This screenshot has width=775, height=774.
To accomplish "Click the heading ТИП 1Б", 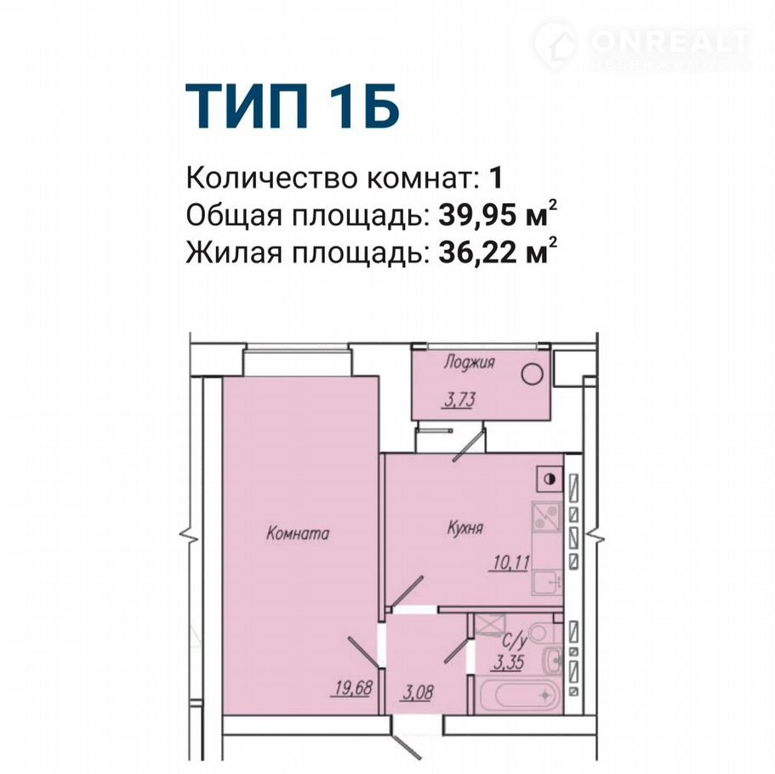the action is pos(292,107).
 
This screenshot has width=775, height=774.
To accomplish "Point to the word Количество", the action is pos(272,178).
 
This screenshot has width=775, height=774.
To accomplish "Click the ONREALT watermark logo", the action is pos(642,45).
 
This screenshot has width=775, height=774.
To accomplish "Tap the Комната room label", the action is pos(298,533).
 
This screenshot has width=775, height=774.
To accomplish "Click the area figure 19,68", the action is pos(353,687).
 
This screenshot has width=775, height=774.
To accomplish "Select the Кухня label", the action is pos(465,528).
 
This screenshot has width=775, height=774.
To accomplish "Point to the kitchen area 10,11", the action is pos(511,562).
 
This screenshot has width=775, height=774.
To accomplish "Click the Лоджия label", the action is pos(469,362).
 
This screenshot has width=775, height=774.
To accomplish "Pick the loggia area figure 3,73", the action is pos(459,400).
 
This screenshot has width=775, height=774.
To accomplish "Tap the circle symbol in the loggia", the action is pos(532,374).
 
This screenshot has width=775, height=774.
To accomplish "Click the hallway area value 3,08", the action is pos(418,693).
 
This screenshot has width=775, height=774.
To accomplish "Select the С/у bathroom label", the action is pos(515,641).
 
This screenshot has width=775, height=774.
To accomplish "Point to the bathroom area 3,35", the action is pos(509,663).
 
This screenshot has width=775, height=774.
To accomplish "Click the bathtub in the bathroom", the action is pos(520,696).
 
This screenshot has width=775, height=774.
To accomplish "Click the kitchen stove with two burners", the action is pos(546,521).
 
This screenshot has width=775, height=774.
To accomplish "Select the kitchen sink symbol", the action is pos(547,583).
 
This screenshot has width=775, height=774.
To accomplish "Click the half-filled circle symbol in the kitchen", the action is pos(549,479).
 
